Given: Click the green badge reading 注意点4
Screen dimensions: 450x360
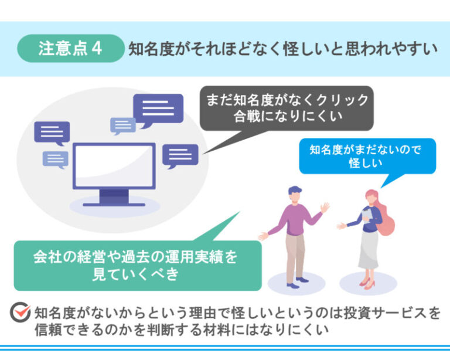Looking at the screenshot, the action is [70, 48].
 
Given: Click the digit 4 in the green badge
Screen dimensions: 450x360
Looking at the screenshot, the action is [97, 48].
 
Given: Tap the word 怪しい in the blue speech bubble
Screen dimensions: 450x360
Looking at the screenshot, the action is [366, 164].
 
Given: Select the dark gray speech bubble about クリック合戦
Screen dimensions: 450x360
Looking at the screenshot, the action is [287, 108].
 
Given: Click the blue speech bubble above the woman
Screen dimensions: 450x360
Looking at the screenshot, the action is [367, 156].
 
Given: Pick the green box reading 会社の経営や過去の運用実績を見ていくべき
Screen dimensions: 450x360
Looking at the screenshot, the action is [138, 266].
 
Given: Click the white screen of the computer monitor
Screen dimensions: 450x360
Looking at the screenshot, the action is [114, 166].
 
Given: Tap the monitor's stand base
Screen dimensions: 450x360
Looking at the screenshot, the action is [114, 205].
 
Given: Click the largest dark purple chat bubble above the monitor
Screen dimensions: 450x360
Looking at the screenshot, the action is [158, 109].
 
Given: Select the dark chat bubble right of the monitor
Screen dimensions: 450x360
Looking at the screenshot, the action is [180, 155].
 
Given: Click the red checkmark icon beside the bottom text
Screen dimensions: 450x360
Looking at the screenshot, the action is [21, 313].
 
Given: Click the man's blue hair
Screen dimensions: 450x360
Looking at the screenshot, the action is [295, 190].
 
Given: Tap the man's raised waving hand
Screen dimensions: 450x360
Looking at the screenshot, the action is [325, 208].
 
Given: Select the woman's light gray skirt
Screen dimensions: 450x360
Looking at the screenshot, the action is [369, 249].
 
